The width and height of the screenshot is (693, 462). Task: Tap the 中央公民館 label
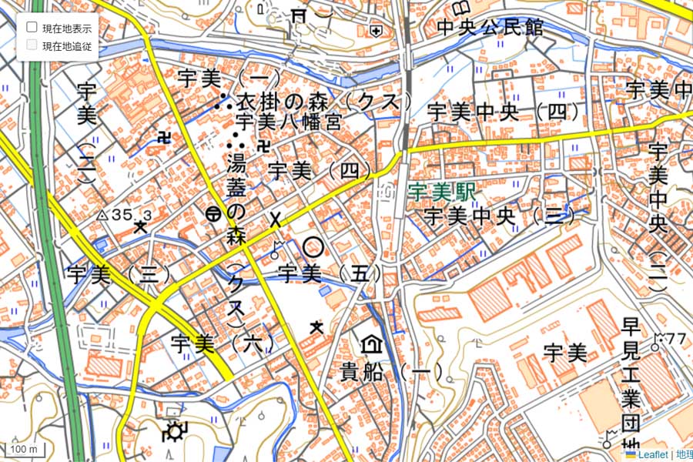490,28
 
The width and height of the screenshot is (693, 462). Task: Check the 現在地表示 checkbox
32,27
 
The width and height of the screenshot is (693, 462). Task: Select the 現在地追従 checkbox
32,45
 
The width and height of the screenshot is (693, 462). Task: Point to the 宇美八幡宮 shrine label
289,122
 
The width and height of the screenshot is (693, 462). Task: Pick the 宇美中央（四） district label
504,111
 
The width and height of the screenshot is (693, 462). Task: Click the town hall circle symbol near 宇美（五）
313,247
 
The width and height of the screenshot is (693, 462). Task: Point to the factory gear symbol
173,432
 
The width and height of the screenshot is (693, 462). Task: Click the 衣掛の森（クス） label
324,102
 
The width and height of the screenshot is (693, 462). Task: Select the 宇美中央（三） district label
500,216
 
